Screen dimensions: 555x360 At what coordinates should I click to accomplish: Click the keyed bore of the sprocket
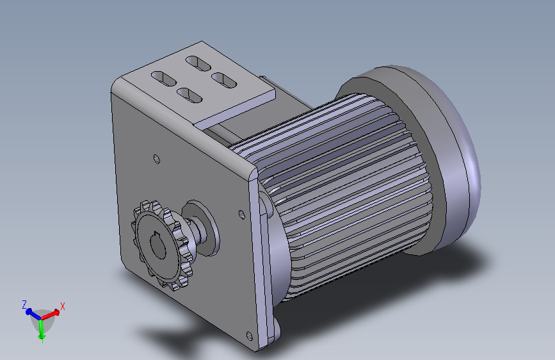click(x=158, y=245)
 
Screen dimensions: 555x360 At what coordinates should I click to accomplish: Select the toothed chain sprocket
click(x=161, y=245)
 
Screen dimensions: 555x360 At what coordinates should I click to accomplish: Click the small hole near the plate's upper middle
click(x=157, y=159)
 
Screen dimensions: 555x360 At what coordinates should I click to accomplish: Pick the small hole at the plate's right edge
click(x=242, y=214)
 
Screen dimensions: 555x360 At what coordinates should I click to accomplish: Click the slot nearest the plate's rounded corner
click(x=163, y=79)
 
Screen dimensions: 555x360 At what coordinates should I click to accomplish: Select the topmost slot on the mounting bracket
click(x=198, y=63)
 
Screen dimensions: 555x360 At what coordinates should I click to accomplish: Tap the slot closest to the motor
click(x=224, y=81)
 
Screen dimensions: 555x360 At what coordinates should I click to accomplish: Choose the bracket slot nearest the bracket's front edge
click(x=189, y=95)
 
